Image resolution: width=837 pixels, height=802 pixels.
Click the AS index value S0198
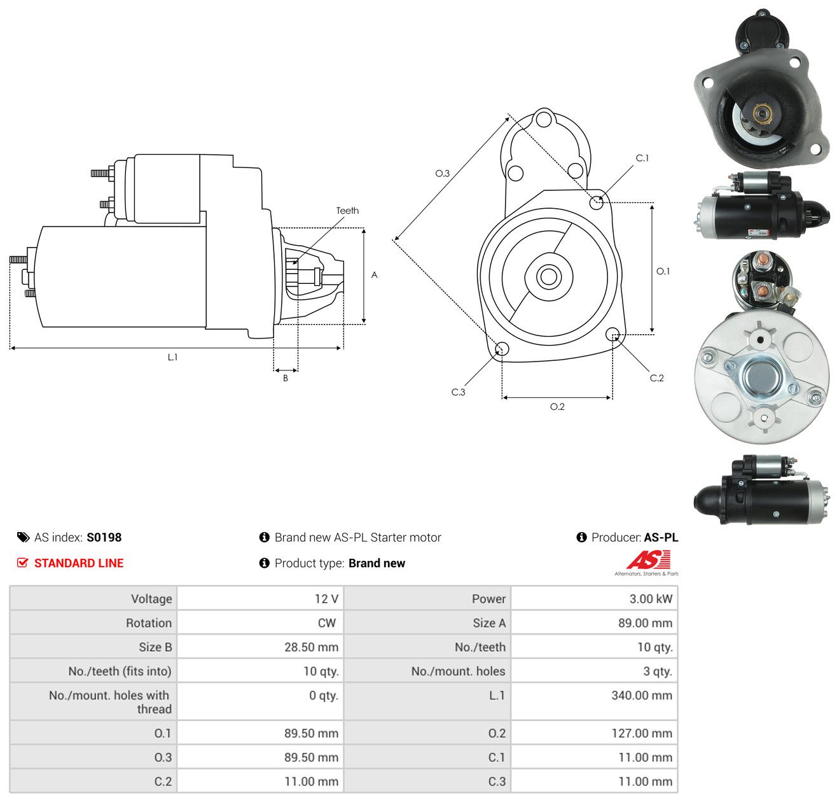(x=104, y=537)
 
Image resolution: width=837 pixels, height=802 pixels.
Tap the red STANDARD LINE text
(x=79, y=563)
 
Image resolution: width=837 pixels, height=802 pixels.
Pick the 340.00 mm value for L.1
(x=641, y=695)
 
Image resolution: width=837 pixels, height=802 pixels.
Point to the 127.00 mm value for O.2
(x=641, y=733)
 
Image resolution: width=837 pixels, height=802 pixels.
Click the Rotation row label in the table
(x=148, y=623)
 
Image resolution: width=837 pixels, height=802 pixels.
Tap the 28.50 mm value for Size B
(x=311, y=647)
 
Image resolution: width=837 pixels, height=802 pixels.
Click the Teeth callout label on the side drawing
(x=347, y=211)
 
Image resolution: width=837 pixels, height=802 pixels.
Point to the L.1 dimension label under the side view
(x=172, y=357)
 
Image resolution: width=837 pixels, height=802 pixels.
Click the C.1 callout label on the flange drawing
(x=642, y=158)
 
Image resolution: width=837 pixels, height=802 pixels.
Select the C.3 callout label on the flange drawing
(x=458, y=391)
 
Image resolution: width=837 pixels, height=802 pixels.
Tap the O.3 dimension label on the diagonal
(x=442, y=173)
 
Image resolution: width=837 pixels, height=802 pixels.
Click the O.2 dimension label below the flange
(x=557, y=406)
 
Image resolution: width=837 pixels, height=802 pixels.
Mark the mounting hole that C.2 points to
(x=612, y=334)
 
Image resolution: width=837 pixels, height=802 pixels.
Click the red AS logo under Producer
(x=647, y=559)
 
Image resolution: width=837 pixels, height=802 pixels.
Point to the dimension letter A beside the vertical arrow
(x=374, y=274)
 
